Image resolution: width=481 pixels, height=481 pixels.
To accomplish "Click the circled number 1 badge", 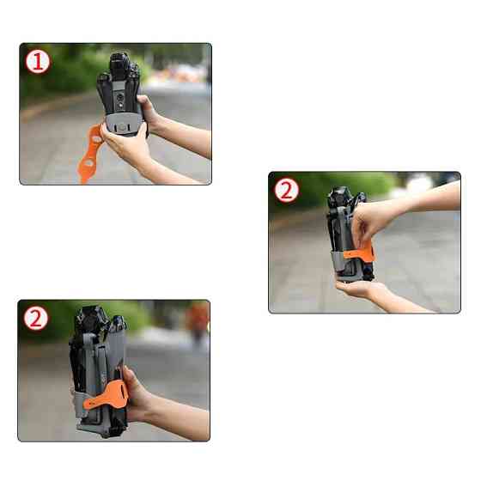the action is tap(38, 62).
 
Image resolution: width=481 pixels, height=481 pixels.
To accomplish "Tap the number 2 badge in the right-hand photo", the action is tap(287, 191).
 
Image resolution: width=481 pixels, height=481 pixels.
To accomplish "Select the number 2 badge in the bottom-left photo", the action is tap(36, 319).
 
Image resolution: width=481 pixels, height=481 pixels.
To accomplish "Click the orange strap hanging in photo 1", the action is tap(90, 154).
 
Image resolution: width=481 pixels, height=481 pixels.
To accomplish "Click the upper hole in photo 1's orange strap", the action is tap(97, 139).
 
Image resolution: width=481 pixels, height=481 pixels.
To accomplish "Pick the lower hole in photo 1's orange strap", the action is tap(88, 164).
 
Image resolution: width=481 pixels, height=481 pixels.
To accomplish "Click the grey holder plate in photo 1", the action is tap(124, 125).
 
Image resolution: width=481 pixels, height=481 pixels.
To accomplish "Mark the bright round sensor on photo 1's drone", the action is tap(121, 105).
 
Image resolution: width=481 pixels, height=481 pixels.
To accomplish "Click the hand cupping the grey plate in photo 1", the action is tap(125, 144).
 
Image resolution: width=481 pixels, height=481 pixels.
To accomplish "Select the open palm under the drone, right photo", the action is tap(359, 289).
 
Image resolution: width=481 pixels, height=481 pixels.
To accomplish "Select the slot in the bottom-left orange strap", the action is tap(122, 393).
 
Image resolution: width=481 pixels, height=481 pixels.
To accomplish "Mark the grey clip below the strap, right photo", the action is tap(338, 261).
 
